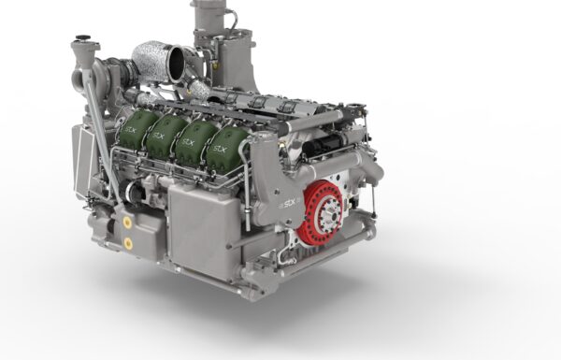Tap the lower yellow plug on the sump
[128, 243]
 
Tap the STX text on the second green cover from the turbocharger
[159, 136]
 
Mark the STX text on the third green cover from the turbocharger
[188, 142]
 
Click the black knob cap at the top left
[83, 37]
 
